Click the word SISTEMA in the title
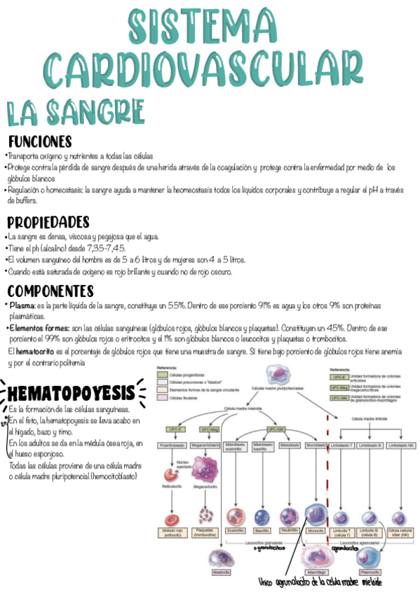pos(210,26)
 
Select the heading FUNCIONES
pos(40,141)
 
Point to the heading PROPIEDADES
pos(48,222)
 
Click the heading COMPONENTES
pos(50,291)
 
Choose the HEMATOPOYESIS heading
pos(70,390)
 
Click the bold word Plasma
pos(22,306)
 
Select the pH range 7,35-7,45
pos(104,248)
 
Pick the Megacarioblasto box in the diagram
pos(204,445)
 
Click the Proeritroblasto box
pos(171,445)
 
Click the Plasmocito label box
pos(369,570)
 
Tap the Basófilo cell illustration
pos(262,516)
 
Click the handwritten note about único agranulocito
pos(319,583)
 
